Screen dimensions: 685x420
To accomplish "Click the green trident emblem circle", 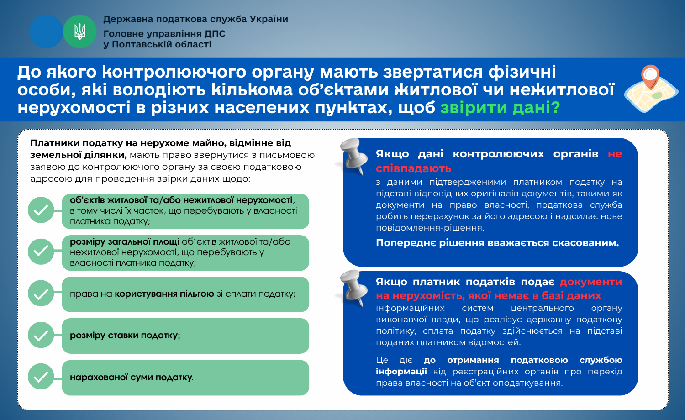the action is [80, 31].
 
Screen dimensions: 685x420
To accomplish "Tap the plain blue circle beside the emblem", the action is [46, 31].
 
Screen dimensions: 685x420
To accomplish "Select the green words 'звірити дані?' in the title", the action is [501, 108].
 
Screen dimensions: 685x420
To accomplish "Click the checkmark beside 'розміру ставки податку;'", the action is [41, 336].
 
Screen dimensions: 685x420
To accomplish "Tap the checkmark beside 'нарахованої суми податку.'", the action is [41, 377].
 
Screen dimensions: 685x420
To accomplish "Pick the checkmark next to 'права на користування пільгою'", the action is [41, 294].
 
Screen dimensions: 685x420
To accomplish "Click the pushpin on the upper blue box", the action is [354, 156].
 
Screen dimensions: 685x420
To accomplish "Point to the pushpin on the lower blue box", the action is [354, 287].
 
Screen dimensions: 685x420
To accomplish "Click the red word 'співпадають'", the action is [414, 168].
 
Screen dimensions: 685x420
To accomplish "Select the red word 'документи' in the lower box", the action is [591, 282].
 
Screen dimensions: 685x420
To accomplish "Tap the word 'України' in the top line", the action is [269, 19].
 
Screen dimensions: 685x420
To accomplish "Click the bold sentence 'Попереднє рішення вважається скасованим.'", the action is [498, 243].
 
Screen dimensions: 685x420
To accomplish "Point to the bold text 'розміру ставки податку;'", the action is [125, 336].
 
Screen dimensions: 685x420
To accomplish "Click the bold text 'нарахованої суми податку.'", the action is [132, 378].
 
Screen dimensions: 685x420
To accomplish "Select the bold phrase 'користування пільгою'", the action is [164, 294].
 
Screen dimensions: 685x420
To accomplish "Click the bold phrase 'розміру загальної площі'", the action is [125, 242].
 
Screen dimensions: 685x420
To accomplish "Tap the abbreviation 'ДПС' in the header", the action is [215, 34].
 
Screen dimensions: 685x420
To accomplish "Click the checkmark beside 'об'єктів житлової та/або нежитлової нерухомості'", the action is [41, 210].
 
